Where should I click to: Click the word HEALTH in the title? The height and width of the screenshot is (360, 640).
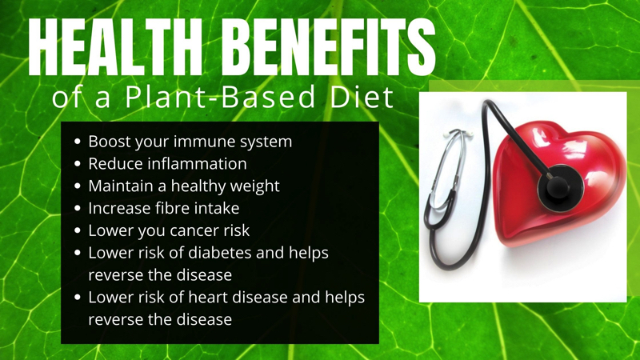115,47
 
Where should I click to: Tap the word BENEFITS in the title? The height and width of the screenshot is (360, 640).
330,47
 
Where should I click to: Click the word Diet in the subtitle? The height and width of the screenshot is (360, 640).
362,97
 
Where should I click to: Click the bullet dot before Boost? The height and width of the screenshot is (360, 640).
78,142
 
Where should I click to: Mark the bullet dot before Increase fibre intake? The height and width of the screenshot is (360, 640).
78,208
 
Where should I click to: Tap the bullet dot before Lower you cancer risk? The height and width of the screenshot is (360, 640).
78,230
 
